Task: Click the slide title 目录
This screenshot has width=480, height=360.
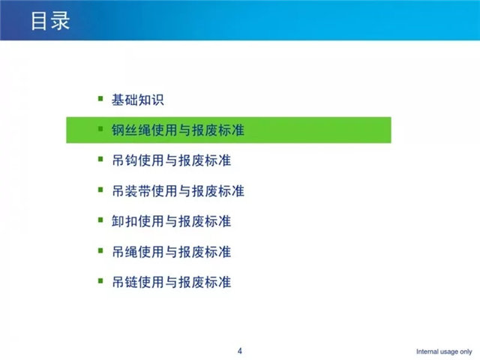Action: coord(50,21)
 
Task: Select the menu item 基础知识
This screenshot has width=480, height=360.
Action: coord(138,100)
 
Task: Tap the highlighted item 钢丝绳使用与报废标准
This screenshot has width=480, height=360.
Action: coord(178,130)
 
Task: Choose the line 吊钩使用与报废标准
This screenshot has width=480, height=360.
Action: coord(172,160)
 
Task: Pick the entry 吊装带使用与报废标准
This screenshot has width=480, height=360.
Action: coord(178,191)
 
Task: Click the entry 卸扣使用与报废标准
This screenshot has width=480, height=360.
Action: coord(172,221)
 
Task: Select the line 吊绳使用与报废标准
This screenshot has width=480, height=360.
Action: coord(172,252)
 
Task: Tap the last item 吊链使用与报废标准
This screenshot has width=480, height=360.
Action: coord(172,282)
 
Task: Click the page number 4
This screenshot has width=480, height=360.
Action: coord(240,351)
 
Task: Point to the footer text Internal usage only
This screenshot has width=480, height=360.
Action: coord(444,352)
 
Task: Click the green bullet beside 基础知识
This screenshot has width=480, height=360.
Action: coord(100,98)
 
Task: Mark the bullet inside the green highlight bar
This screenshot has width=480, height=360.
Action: coord(100,129)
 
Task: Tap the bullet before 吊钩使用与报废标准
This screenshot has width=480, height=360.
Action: coord(100,159)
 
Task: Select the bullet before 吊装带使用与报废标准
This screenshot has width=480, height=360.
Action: coord(100,190)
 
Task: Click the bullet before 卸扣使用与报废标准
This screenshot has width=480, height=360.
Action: coord(100,220)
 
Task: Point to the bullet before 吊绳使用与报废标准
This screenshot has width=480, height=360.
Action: coord(100,250)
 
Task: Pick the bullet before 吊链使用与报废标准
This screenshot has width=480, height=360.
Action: coord(100,280)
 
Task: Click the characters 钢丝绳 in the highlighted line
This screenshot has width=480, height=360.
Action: coord(131,130)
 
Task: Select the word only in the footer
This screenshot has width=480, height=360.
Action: coord(465,352)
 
